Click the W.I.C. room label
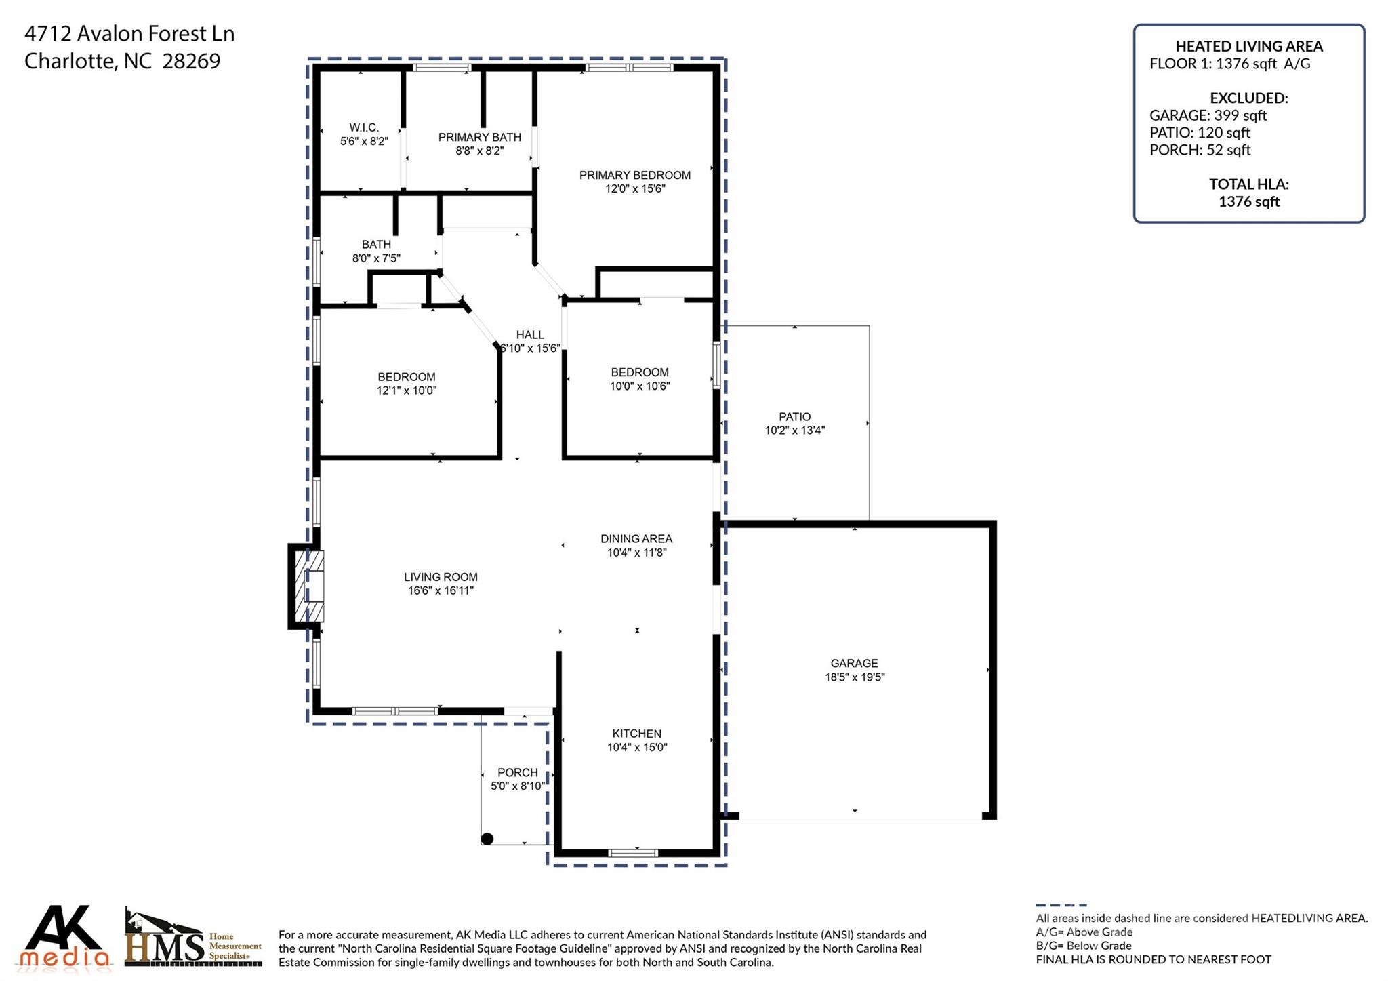(x=364, y=127)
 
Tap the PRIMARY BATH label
(x=480, y=137)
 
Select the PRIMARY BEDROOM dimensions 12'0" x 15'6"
(x=635, y=188)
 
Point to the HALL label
(x=530, y=334)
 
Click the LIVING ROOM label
(x=441, y=577)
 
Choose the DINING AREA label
(x=636, y=539)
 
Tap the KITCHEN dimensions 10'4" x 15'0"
(x=637, y=747)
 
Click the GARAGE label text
(x=855, y=663)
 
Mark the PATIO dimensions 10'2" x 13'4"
(x=795, y=430)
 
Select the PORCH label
(x=518, y=772)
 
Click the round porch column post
(x=487, y=839)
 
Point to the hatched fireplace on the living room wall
(x=306, y=586)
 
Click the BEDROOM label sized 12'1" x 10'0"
(x=407, y=377)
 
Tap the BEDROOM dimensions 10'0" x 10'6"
(x=640, y=386)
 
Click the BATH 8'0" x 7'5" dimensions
(x=376, y=258)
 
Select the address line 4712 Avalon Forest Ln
(x=129, y=33)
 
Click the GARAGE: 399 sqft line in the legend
(x=1208, y=115)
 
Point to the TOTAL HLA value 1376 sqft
(x=1249, y=201)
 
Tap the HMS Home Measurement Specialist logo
(x=193, y=938)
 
